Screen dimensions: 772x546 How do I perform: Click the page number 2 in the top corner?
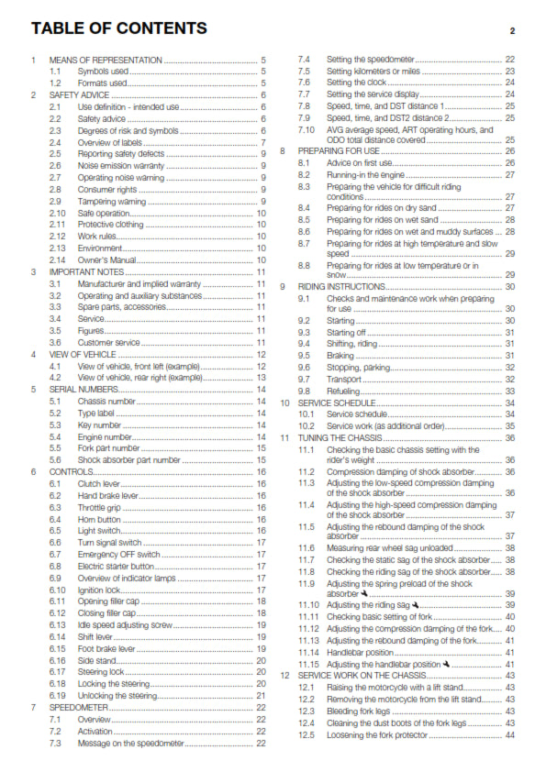coord(512,31)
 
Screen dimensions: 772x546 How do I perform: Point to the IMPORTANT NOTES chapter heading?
coord(83,272)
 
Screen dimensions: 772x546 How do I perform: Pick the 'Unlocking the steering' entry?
coord(115,696)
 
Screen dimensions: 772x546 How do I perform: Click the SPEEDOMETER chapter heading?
coord(74,708)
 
